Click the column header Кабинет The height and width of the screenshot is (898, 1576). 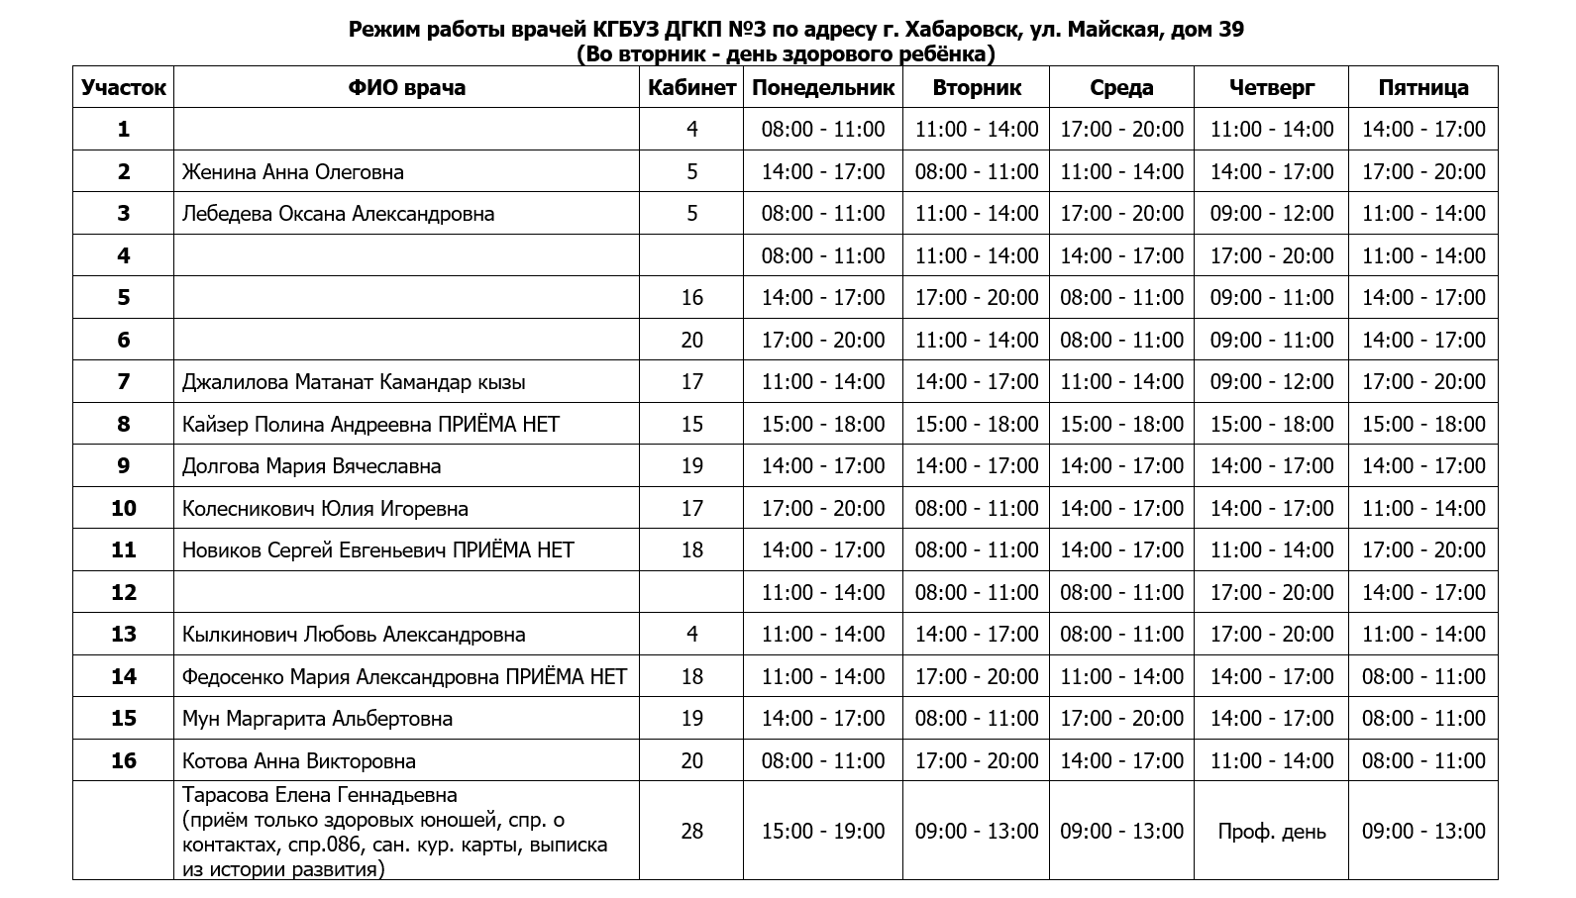691,87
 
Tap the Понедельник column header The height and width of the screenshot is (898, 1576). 822,87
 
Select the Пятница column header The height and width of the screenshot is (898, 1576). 1422,87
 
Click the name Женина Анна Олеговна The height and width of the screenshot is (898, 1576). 293,172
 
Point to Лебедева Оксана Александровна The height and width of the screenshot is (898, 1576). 338,214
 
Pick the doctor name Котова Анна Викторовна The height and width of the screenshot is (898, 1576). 299,761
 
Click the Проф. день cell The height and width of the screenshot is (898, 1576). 1271,832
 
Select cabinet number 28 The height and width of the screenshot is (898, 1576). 691,831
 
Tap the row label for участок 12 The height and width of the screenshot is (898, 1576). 124,592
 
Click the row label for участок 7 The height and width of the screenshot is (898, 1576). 124,382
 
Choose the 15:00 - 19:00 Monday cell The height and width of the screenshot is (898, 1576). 822,831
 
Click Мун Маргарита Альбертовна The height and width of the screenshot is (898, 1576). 317,719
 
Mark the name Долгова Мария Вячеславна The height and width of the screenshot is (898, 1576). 311,466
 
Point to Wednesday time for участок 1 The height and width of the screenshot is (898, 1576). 1121,130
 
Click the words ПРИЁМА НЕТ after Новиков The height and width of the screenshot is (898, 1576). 513,550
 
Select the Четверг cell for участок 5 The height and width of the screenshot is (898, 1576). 1271,298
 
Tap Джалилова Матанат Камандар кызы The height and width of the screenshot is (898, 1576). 354,382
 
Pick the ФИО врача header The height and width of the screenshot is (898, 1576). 406,87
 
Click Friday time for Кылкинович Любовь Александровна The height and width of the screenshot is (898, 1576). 1422,635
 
